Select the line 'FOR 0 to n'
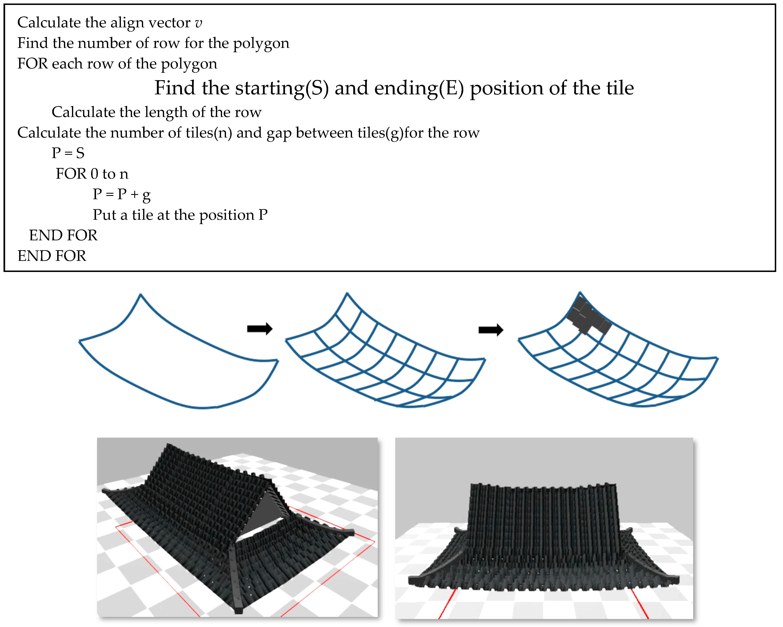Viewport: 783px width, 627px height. [x=92, y=174]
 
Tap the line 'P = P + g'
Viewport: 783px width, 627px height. [x=122, y=195]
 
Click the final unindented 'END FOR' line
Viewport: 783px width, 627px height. [x=52, y=256]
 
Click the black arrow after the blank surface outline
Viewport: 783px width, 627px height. [x=260, y=329]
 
